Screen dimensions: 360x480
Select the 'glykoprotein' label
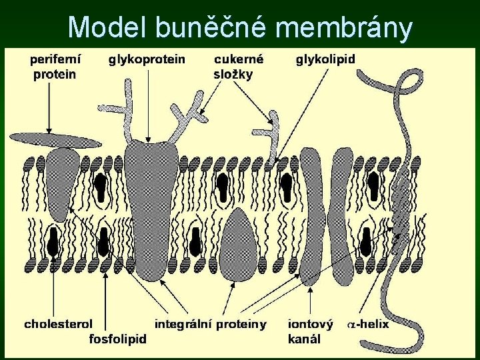click(147, 59)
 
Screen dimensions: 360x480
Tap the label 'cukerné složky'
click(238, 67)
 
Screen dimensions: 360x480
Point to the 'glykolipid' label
click(325, 59)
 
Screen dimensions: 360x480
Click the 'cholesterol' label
click(58, 325)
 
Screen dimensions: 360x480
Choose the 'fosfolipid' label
click(118, 339)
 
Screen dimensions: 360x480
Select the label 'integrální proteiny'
click(211, 325)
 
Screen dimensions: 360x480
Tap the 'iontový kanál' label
click(310, 331)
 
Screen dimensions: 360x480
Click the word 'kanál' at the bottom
click(304, 339)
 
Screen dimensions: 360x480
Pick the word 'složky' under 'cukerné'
click(233, 74)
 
